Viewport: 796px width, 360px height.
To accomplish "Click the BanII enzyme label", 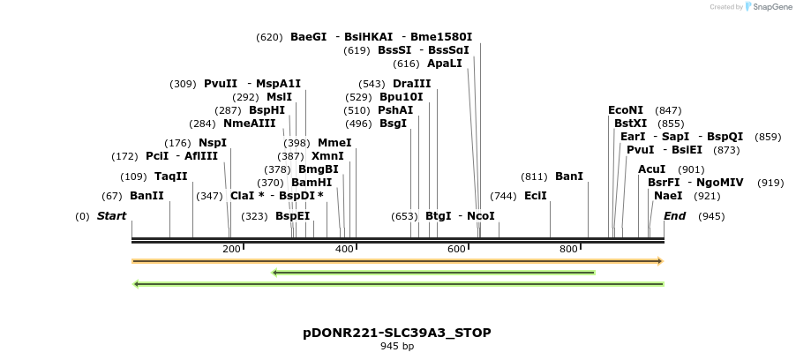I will [x=146, y=195].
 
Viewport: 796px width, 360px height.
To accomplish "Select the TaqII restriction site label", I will [x=171, y=176].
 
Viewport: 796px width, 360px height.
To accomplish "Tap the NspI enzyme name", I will [x=213, y=142].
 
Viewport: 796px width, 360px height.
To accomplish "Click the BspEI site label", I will [x=293, y=215].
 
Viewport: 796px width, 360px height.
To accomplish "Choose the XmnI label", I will [x=327, y=156].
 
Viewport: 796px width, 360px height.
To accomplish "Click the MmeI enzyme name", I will [x=334, y=142].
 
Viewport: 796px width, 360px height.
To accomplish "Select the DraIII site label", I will [x=412, y=83].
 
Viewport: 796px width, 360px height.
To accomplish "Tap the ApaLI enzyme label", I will [x=444, y=64].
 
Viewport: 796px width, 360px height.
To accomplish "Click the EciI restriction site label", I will [x=536, y=195].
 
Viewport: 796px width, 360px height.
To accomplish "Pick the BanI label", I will [x=569, y=176].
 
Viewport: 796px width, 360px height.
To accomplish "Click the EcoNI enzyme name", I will [x=626, y=110].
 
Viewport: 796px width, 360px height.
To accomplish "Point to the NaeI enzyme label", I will [x=668, y=195].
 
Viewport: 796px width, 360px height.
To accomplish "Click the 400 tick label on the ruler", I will [x=345, y=250].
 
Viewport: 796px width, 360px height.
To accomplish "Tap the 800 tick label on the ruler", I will [x=569, y=250].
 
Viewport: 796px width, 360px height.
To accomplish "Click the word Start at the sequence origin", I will [x=112, y=215].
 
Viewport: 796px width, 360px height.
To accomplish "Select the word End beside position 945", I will [x=674, y=215].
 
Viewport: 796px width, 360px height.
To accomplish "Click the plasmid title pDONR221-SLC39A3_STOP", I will [x=397, y=333].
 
